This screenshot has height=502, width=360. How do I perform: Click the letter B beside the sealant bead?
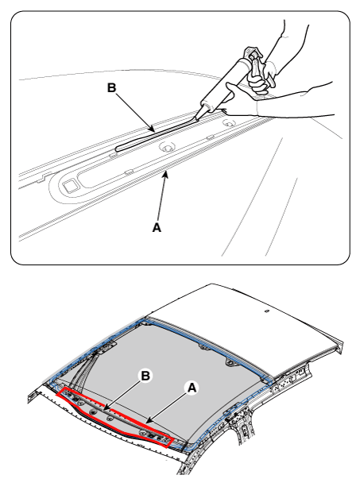(x=111, y=87)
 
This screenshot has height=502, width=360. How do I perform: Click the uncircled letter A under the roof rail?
(x=157, y=228)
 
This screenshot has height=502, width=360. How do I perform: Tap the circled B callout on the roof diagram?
(x=145, y=376)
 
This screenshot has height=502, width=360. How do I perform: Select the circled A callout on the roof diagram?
(x=192, y=388)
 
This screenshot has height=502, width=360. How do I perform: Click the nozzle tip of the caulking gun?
(x=195, y=119)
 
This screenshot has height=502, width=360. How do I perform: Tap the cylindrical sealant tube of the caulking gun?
(x=224, y=84)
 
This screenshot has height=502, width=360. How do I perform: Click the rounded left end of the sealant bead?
(x=118, y=149)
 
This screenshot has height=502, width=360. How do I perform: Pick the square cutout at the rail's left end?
(x=69, y=186)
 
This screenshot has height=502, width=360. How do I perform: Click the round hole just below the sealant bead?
(x=166, y=148)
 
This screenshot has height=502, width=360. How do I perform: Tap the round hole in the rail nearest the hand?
(x=229, y=123)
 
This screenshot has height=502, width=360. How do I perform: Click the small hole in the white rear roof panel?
(x=265, y=311)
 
